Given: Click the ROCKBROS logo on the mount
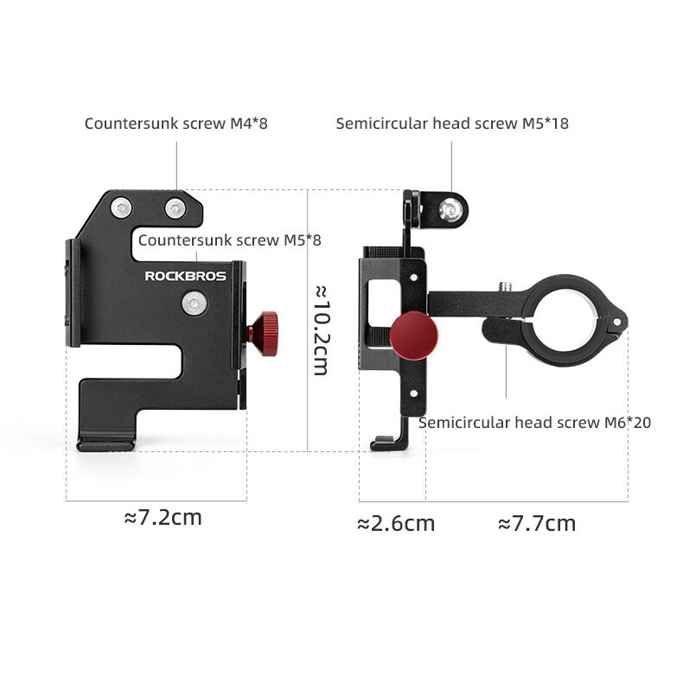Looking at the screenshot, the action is click(x=186, y=276).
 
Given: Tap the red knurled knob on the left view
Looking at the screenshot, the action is click(x=264, y=334).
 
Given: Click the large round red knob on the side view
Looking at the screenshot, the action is click(x=414, y=335).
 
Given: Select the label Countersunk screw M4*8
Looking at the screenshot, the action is click(x=176, y=124).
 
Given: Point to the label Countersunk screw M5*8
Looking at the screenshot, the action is click(x=230, y=240).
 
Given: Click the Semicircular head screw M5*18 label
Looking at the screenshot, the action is click(x=452, y=124).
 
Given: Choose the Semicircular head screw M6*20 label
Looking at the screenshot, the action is click(x=534, y=422).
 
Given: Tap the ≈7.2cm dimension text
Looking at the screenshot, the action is click(x=163, y=518).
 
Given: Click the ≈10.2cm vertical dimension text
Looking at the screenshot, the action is click(x=322, y=330).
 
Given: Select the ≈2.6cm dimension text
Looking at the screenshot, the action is click(x=396, y=523).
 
